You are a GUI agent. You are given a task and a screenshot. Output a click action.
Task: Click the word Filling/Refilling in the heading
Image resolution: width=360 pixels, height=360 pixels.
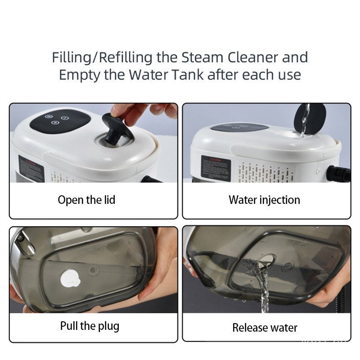click(x=102, y=58)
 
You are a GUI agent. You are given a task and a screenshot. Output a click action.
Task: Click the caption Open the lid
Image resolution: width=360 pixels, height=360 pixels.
click(x=86, y=200)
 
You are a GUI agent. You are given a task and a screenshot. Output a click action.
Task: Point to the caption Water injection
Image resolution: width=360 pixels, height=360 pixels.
click(x=264, y=200)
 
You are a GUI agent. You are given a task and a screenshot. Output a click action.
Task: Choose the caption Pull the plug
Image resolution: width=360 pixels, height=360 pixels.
click(x=90, y=326)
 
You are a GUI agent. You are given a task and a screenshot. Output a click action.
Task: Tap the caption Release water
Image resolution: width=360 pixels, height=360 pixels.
click(x=265, y=328)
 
